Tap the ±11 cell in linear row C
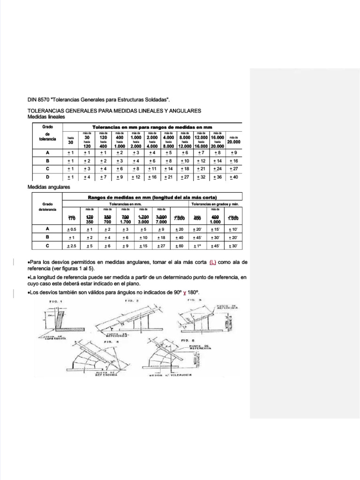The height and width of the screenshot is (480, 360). coord(152,169)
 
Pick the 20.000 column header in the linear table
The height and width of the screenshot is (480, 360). coord(233,142)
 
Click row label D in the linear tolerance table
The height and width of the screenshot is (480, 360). coord(47,177)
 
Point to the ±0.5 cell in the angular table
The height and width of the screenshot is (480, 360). coord(72,229)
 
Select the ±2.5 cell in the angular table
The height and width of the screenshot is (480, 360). coord(72,246)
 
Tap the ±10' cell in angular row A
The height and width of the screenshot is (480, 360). coord(233,229)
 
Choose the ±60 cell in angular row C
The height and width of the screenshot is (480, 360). coord(180,246)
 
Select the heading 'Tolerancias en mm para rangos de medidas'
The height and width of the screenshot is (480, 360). coord(152,127)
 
